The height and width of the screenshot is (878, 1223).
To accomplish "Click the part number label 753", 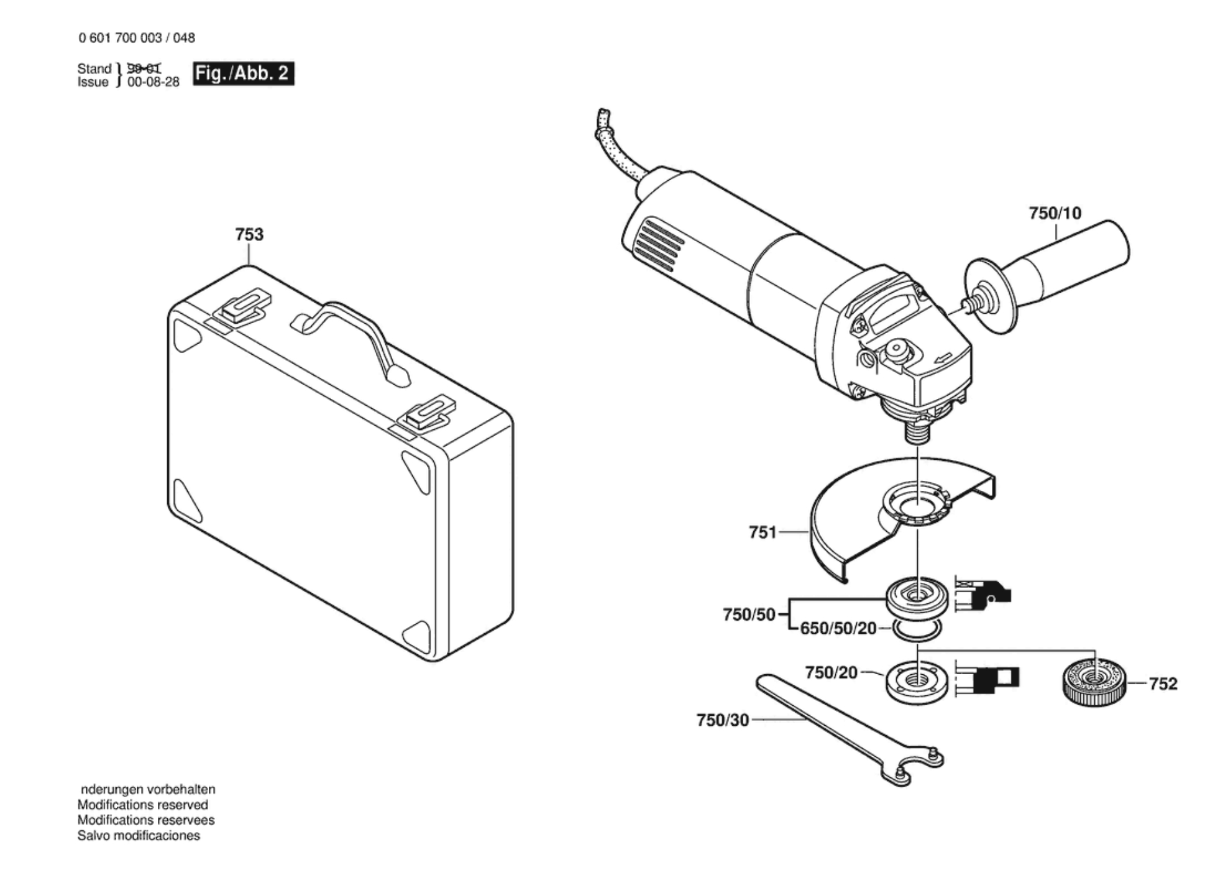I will click(x=249, y=235).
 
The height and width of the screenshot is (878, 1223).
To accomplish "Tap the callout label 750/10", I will click(x=1055, y=213).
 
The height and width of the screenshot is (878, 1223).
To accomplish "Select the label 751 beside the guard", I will click(x=763, y=533).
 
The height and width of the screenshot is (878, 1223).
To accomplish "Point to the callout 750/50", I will click(x=749, y=615).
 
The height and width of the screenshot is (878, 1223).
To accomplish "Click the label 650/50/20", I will click(x=838, y=629).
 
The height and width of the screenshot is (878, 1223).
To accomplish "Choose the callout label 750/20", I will click(x=831, y=672).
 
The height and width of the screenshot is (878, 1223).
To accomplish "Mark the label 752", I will click(x=1163, y=684).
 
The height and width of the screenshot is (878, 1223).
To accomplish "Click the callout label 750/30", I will click(x=722, y=720).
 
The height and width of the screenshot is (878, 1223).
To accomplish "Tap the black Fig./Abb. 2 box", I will click(x=243, y=74).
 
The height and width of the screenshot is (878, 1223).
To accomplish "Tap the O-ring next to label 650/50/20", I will click(x=917, y=629).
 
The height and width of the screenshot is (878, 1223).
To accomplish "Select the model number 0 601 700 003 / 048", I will click(x=137, y=38).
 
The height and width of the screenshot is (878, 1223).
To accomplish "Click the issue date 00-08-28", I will click(x=153, y=82).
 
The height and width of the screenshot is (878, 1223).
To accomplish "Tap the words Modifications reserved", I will click(x=142, y=805).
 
